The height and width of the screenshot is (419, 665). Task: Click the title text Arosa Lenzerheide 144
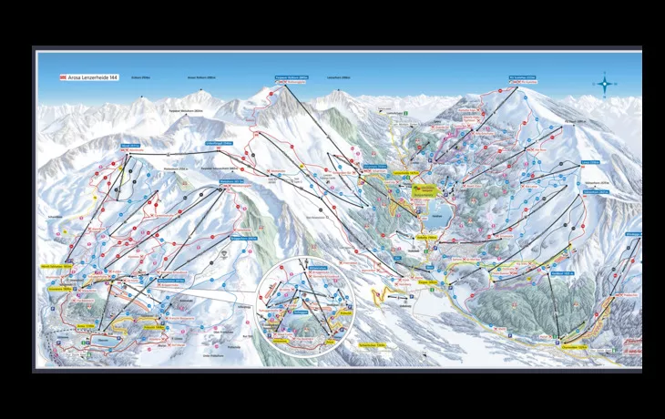pyautogui.click(x=91, y=77)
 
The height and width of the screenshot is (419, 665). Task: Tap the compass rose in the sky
pyautogui.click(x=606, y=84)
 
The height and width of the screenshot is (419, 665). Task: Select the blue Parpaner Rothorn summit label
pyautogui.click(x=292, y=77)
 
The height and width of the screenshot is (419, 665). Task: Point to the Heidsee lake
pyautogui.click(x=422, y=216)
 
